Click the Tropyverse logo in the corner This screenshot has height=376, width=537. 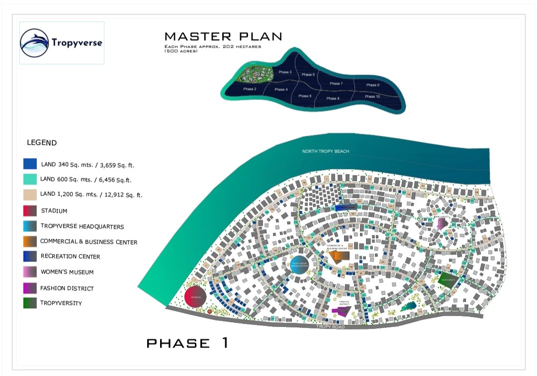coord(61,42)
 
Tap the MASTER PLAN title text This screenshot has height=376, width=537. coord(223,36)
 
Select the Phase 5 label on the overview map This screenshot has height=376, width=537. coord(308,75)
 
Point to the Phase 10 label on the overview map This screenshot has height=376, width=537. coord(372,96)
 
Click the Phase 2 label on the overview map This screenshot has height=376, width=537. coord(250,89)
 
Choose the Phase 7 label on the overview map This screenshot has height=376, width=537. coord(336,84)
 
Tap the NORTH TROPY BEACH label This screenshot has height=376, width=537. coord(327,151)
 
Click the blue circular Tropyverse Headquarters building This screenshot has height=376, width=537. coord(301,265)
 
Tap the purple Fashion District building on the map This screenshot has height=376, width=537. coord(342,311)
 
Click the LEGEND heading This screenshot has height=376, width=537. coord(42,143)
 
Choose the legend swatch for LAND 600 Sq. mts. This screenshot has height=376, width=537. coord(30,180)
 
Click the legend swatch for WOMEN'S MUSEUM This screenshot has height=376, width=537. coord(30,272)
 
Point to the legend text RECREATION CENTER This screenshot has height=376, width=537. coord(70,257)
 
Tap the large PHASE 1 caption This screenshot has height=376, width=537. coord(187,343)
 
